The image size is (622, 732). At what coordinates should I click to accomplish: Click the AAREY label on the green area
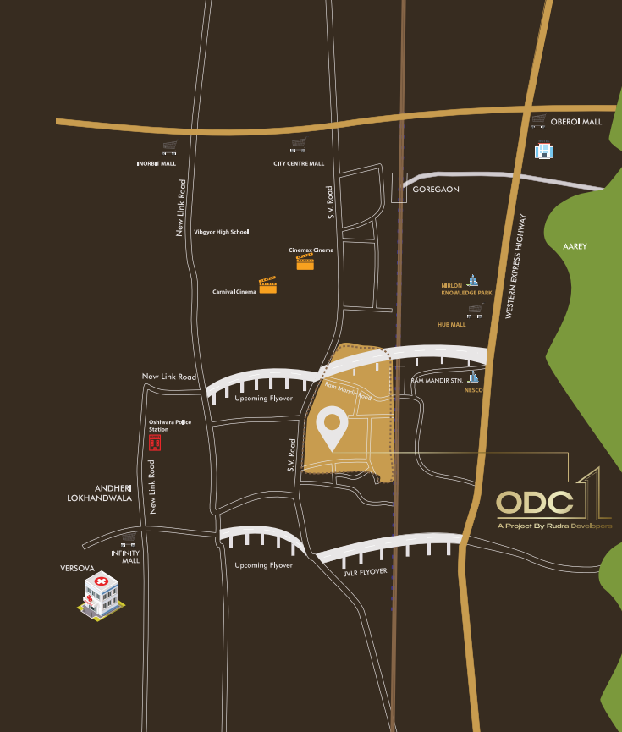pos(575,246)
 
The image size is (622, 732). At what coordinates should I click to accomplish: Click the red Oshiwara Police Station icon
pos(154,443)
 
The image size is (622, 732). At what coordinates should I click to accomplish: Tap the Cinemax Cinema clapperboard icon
pos(305,262)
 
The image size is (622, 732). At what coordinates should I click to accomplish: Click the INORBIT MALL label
pos(157,163)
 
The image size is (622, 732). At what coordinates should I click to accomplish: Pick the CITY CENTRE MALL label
pos(298,163)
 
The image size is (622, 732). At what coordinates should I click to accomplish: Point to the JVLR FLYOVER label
pos(366,572)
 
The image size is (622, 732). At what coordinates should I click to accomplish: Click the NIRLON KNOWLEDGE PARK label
pos(466,289)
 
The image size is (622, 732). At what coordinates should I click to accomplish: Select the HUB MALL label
pos(452,324)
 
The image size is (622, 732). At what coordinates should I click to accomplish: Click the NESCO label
pos(472,391)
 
